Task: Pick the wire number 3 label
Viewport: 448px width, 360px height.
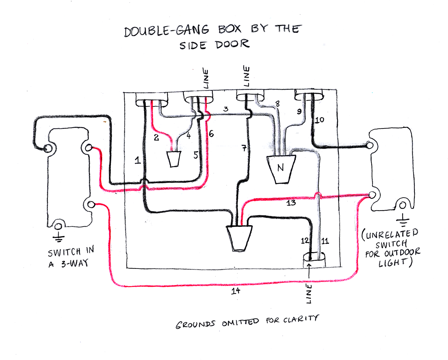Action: (x=225, y=109)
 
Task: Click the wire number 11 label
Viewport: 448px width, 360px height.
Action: (x=325, y=241)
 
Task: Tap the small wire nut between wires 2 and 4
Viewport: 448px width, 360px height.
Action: (x=174, y=159)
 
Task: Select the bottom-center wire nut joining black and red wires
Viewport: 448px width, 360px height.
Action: (x=239, y=238)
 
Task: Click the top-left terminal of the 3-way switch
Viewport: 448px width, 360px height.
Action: (x=47, y=149)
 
